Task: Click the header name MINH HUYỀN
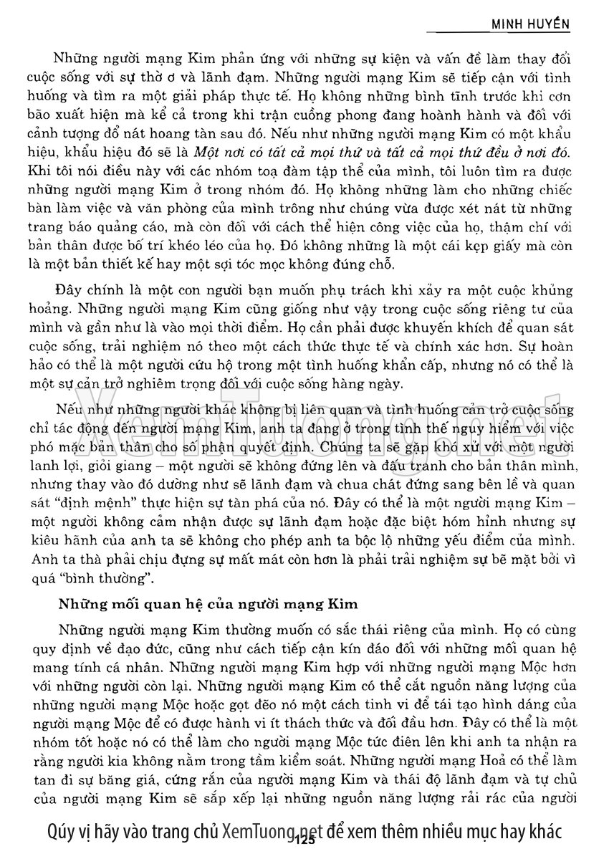coord(529,24)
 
